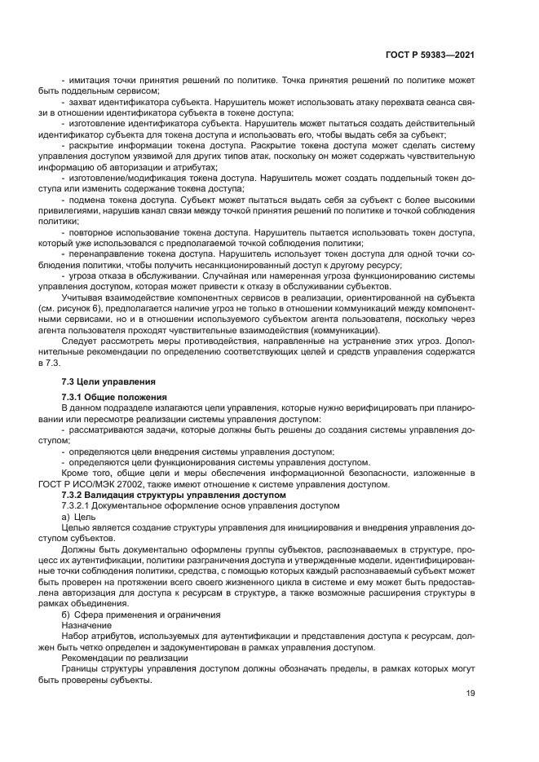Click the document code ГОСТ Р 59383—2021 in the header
430,55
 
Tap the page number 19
471,694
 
